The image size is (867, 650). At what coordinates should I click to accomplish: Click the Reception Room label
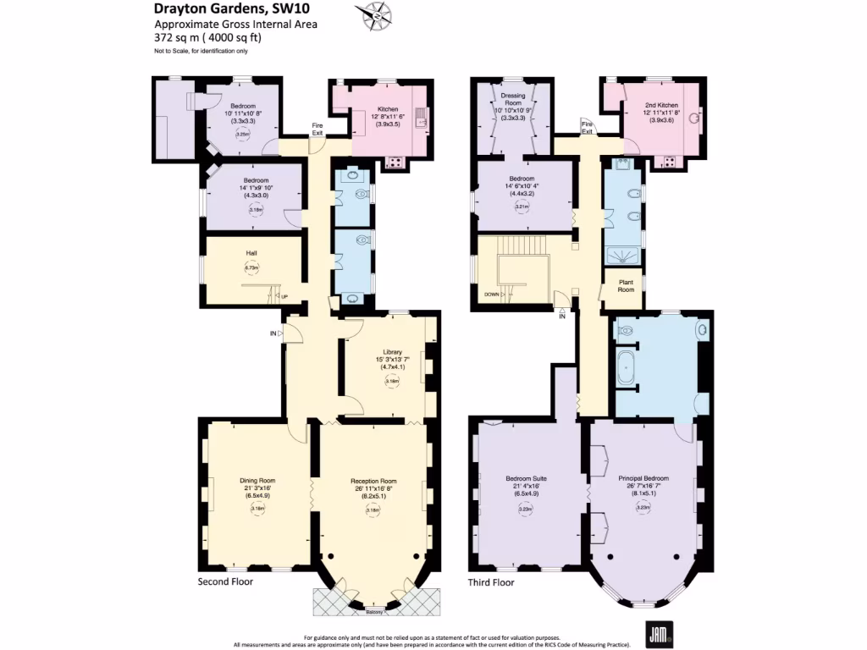pos(373,480)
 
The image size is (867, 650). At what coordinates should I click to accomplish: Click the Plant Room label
pos(625,286)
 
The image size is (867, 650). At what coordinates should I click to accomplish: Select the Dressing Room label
pos(513,100)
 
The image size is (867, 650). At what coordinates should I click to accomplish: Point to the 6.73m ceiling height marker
pos(251,267)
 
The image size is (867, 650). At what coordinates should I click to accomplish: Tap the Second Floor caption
pos(225,581)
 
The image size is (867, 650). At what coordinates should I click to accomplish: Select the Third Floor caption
pos(491,582)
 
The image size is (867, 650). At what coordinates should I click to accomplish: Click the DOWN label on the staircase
pos(491,294)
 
